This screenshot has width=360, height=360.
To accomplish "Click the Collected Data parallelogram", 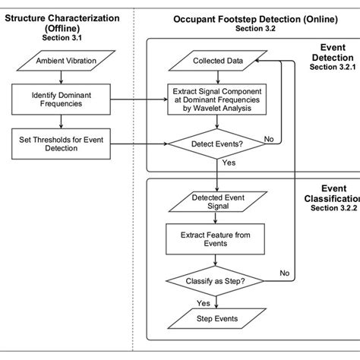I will pos(218,61).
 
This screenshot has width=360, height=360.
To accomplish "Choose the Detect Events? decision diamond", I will pos(218,141).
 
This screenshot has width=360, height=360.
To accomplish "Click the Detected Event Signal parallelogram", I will pos(218,202).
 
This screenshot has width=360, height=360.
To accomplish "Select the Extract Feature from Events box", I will pos(218,239).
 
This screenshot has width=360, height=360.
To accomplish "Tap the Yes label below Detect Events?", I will pos(229,163).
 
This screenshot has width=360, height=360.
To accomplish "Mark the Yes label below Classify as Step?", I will pos(204,302).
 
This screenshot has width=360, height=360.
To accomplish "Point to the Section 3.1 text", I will pos(61,36).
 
